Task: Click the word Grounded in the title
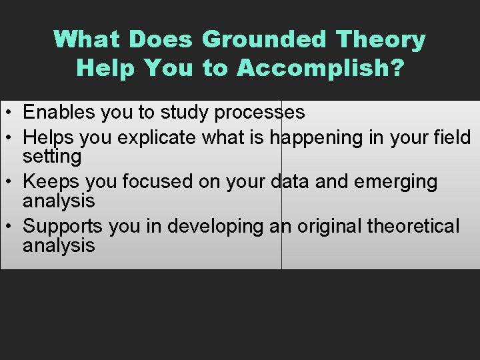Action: coord(265,40)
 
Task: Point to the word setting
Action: coord(52,157)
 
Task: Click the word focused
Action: coord(151,182)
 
